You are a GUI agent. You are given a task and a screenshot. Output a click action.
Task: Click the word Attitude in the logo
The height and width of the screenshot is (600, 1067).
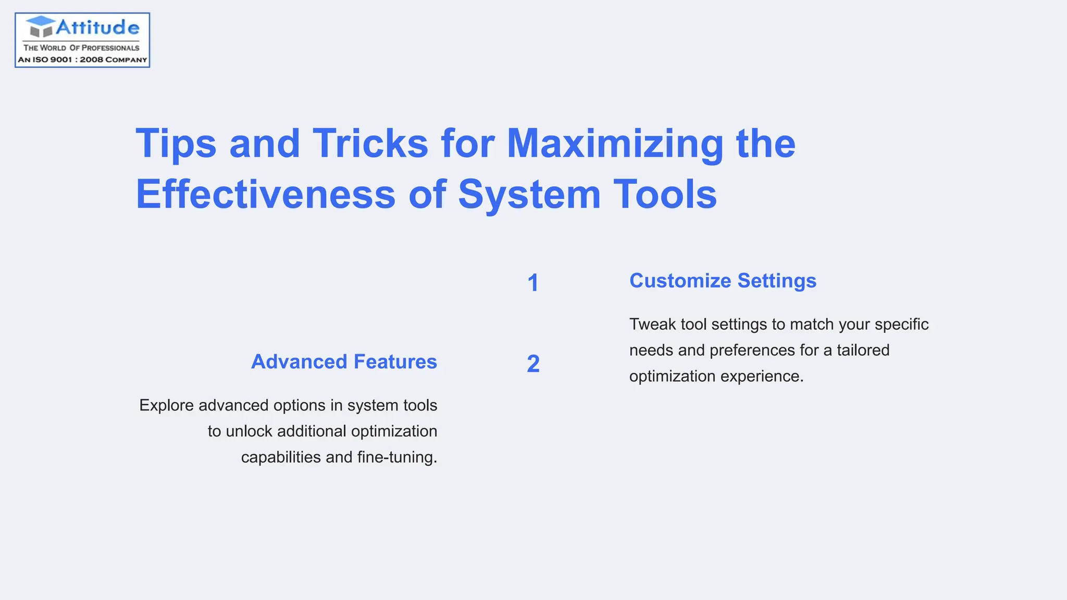[97, 27]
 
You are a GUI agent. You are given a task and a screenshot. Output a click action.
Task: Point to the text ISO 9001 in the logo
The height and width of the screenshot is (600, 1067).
[52, 60]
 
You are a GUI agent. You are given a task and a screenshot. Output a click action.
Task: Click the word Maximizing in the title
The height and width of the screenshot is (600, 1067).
[615, 144]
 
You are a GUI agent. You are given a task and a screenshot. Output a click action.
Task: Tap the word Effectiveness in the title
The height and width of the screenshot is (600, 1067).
[265, 194]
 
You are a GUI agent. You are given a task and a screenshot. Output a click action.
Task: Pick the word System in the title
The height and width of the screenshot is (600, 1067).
[529, 195]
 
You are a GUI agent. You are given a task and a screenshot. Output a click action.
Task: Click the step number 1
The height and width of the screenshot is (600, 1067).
[533, 283]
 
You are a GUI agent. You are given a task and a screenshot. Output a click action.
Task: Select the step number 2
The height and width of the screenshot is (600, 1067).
[533, 364]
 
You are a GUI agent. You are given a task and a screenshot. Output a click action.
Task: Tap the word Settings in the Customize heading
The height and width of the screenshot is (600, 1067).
[777, 281]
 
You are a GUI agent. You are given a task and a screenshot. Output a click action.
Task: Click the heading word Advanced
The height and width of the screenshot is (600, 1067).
[299, 361]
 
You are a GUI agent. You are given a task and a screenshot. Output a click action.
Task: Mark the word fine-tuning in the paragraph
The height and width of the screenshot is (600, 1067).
[397, 457]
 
